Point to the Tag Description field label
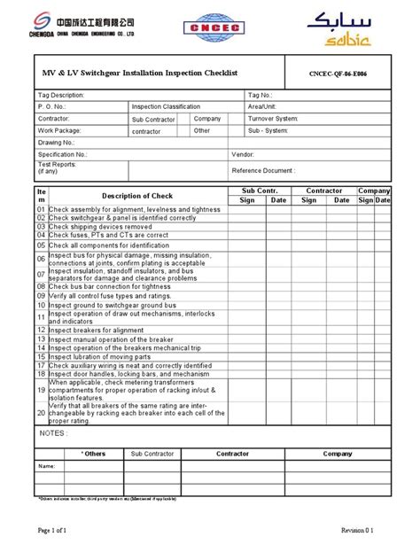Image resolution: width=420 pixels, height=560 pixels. pyautogui.click(x=61, y=94)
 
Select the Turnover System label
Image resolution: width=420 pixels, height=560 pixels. pyautogui.click(x=274, y=118)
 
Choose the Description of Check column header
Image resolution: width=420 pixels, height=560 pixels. pyautogui.click(x=137, y=196)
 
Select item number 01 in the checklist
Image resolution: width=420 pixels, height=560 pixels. pyautogui.click(x=41, y=210)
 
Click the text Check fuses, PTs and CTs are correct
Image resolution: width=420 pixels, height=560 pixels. pyautogui.click(x=108, y=235)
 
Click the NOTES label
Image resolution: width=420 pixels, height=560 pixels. pyautogui.click(x=53, y=433)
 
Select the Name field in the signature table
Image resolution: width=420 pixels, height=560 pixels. pyautogui.click(x=47, y=465)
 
